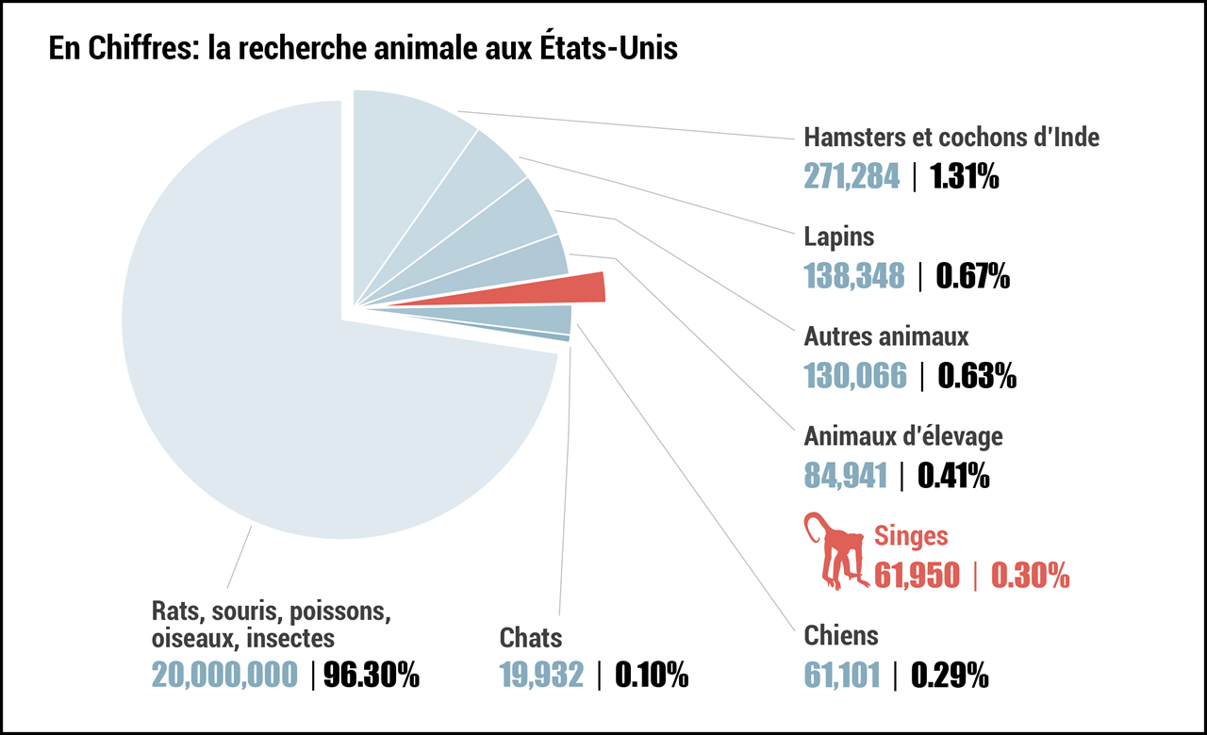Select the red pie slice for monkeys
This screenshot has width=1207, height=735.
pos(566,289)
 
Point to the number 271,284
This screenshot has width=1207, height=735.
pos(852,175)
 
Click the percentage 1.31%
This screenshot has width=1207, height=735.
pos(965,175)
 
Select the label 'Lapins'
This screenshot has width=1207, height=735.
pos(838,237)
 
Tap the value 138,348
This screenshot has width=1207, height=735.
pos(853,275)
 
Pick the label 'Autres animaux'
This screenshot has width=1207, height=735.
pos(885,335)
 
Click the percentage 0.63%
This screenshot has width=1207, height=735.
pos(976,375)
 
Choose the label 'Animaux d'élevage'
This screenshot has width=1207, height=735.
pos(902,436)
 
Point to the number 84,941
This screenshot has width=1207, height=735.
pos(845,475)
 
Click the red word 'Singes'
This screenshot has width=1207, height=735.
pos(911,536)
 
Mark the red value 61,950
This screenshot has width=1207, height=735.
pos(917,574)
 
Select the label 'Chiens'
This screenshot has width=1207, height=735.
pos(840,636)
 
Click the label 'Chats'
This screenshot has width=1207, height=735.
pos(531,638)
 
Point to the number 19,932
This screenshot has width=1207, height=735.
pos(541,675)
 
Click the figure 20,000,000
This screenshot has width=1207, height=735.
pos(224,675)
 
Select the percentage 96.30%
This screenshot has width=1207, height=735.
pos(372,675)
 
